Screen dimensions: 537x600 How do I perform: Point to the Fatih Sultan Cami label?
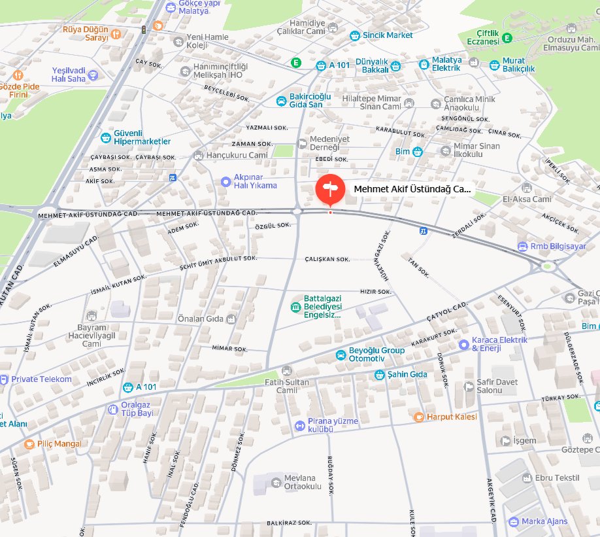coord(282,386)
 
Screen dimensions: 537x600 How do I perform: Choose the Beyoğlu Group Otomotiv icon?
coord(341,355)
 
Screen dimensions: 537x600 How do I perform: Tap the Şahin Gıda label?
coord(410,374)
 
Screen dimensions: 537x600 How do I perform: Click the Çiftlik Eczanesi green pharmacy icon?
coord(507,39)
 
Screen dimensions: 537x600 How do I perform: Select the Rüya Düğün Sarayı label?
coord(84,33)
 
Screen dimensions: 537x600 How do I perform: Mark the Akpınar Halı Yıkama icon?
coord(225,181)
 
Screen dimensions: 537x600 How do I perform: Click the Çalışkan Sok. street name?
coord(327,259)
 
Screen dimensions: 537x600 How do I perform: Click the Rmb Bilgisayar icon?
coord(522,247)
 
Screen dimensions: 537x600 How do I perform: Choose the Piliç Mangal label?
coord(59,443)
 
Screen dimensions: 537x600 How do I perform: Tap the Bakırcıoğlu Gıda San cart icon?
coord(280,101)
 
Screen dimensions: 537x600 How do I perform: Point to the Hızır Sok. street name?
coord(375,292)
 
